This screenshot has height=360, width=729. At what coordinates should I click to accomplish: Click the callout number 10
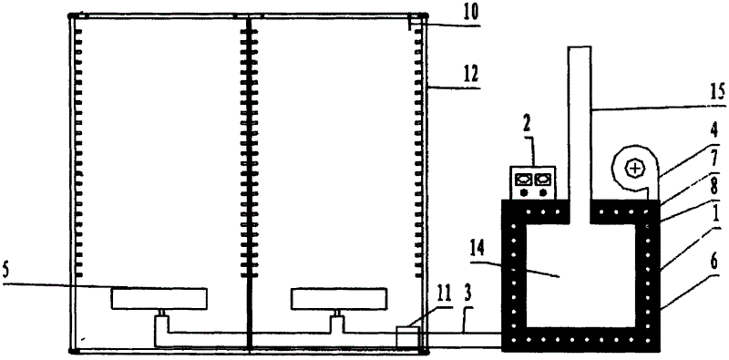(471, 12)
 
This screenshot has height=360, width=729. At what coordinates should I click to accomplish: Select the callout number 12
(471, 75)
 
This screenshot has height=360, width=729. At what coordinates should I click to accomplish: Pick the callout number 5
(7, 272)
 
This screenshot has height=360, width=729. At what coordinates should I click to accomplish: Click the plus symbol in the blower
(635, 170)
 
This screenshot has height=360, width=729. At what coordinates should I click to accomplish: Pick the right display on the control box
(543, 178)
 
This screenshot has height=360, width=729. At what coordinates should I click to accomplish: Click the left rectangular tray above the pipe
(159, 299)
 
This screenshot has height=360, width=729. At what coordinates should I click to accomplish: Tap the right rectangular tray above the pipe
(339, 299)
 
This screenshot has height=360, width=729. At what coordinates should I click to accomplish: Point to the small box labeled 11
(407, 336)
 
